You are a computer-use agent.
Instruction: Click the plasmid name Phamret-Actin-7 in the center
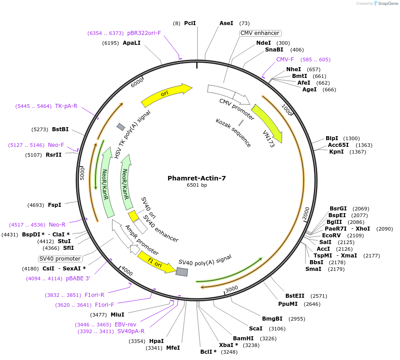(x=197, y=178)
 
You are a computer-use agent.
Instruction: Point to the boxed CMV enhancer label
(x=260, y=33)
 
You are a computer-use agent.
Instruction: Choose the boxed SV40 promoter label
(x=60, y=259)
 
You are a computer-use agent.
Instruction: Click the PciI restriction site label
(x=190, y=23)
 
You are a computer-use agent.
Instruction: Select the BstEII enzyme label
(x=294, y=296)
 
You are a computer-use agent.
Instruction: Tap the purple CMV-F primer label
(x=285, y=60)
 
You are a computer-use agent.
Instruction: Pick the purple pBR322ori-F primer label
(x=144, y=33)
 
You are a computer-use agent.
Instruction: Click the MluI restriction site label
(x=117, y=315)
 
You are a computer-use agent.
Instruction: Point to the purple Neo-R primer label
(x=57, y=225)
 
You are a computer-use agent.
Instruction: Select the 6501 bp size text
(x=197, y=185)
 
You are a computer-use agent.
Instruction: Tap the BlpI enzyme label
(x=332, y=138)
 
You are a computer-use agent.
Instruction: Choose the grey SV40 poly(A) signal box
(x=181, y=272)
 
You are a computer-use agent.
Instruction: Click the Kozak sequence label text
(x=233, y=133)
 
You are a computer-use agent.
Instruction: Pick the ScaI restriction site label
(x=255, y=329)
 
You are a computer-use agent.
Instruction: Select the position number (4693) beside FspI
(x=35, y=205)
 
